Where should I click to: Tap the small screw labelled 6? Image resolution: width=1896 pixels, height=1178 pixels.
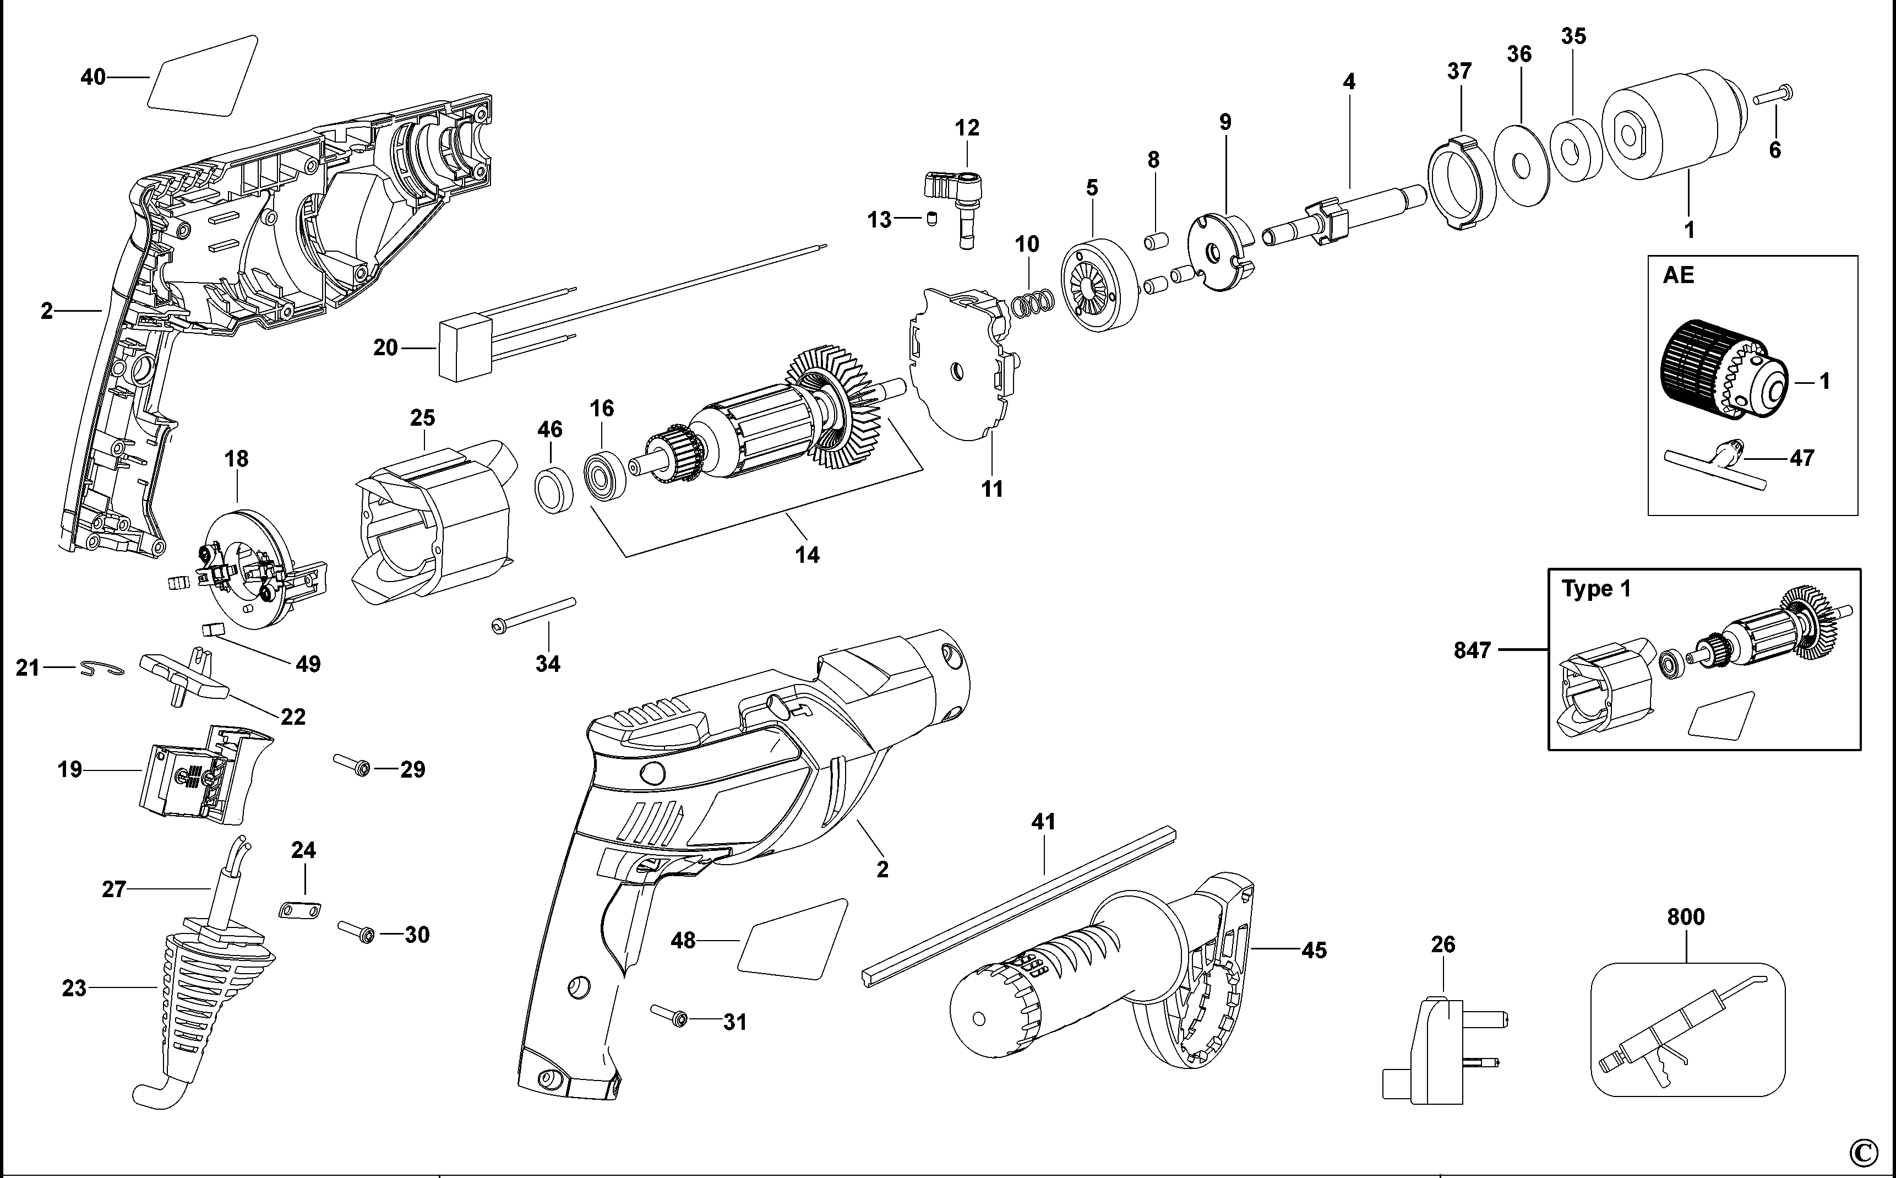coord(1774,96)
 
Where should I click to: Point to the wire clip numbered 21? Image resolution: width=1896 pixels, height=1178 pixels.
coord(101,669)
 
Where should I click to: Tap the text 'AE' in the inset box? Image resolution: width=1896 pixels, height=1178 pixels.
coord(1679,275)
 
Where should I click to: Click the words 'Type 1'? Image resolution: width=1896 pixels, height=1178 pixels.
coord(1595,589)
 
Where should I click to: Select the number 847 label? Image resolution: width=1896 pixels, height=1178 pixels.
coord(1472,650)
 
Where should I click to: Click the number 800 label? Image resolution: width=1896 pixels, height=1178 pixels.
coord(1686,917)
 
